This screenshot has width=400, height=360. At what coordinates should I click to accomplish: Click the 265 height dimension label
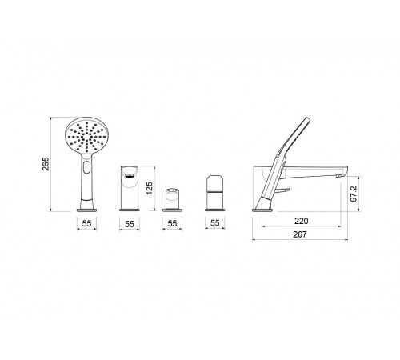pos(46,164)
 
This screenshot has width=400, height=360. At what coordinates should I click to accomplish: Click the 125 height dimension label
pos(150,188)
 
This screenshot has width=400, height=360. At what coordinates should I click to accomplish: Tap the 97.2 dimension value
pos(354,194)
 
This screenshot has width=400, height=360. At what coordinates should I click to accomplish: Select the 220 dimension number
pos(302,221)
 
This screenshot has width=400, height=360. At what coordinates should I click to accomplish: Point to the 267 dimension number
pos(300,234)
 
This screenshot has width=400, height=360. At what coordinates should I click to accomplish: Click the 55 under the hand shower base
pos(86,223)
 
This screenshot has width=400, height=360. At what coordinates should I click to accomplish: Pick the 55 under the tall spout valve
pos(130,224)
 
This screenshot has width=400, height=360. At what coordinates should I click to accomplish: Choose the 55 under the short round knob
pos(172,223)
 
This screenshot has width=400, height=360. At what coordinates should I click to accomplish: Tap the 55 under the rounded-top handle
pos(215,223)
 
